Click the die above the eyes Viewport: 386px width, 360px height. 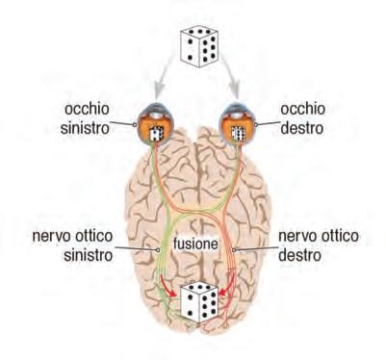pyautogui.click(x=199, y=46)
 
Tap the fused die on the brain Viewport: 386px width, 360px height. pyautogui.click(x=199, y=302)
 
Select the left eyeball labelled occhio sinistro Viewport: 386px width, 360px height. pyautogui.click(x=155, y=123)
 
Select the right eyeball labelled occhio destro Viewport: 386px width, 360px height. pyautogui.click(x=237, y=123)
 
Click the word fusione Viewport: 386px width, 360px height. pyautogui.click(x=195, y=244)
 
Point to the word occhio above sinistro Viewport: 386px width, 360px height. pyautogui.click(x=87, y=109)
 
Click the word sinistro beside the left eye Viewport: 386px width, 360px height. pyautogui.click(x=85, y=128)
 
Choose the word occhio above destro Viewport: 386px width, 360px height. pyautogui.click(x=302, y=109)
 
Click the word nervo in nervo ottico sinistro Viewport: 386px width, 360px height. pyautogui.click(x=52, y=237)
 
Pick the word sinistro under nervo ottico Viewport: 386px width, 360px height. pyautogui.click(x=89, y=255)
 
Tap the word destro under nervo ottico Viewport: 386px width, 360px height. pyautogui.click(x=299, y=255)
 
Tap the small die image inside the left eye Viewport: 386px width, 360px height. pyautogui.click(x=157, y=133)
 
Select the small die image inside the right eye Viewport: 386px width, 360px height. pyautogui.click(x=239, y=133)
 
